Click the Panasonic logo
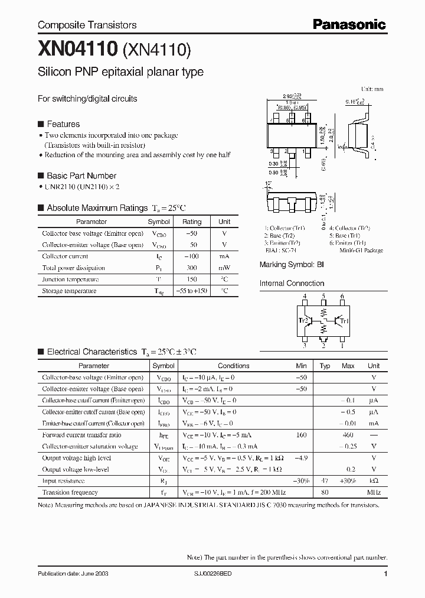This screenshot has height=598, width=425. pos(348,24)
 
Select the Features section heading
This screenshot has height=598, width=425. pos(63,124)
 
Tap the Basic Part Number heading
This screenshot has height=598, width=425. pos(81,175)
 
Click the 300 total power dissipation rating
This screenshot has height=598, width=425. pos(192,268)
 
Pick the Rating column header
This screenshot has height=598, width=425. pos(192,222)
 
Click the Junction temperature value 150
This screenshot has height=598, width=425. pos(192,279)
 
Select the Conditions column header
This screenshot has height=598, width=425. pos(234,366)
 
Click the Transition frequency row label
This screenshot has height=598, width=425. pos(70,492)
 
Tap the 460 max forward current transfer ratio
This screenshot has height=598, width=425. pos(348,435)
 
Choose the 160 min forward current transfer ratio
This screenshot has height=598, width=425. pos(301,435)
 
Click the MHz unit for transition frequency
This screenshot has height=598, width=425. pos(374,492)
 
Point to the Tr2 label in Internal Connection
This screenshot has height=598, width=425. pos(303,321)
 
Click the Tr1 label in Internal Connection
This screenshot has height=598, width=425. pos(345,321)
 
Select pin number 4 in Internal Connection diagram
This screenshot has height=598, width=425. pos(305,296)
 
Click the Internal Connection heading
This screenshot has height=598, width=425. pos(292,284)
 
